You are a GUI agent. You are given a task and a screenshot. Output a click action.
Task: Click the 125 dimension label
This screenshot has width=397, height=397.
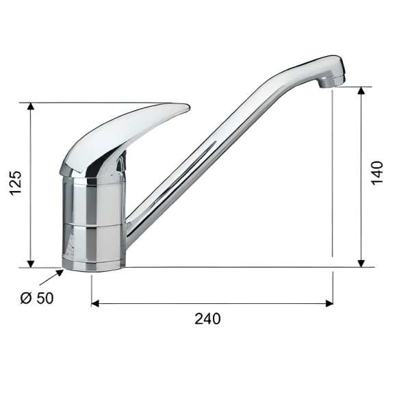[16, 183]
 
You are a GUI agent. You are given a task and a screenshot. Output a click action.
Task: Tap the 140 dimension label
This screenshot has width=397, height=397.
[377, 172]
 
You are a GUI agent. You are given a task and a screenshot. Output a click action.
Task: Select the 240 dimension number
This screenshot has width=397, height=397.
[207, 319]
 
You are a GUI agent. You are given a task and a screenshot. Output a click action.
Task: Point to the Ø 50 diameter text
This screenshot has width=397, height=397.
[37, 298]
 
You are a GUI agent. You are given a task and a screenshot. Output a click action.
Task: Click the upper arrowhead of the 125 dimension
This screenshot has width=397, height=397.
[31, 106]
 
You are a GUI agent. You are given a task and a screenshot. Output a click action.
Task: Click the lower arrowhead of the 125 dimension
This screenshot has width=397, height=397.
[31, 264]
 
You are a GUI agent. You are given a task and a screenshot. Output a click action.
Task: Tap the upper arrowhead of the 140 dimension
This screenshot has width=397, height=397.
[361, 90]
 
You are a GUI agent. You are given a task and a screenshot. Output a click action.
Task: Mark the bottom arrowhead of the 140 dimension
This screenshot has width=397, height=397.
[361, 264]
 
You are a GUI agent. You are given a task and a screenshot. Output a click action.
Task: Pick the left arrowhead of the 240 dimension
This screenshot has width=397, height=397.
[95, 303]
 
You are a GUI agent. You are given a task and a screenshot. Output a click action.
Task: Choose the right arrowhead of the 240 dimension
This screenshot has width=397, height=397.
[329, 303]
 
